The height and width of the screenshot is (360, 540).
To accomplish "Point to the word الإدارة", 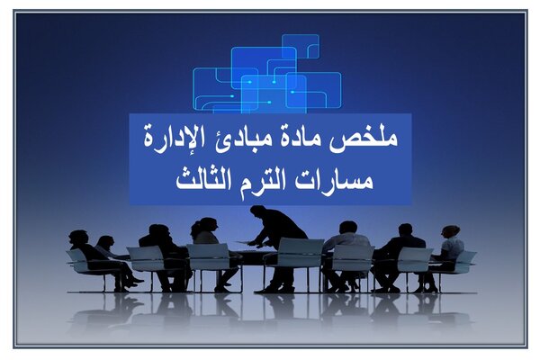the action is coord(175,136).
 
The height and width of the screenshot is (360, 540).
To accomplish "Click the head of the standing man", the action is coord(257,211).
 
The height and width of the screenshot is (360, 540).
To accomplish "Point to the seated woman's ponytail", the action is coord(195,229).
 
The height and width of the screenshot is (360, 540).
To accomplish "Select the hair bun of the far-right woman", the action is coord(454,228).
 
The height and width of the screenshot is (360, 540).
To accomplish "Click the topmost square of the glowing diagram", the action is coord(301,47).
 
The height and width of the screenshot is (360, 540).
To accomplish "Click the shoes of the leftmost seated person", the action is coord(133,282).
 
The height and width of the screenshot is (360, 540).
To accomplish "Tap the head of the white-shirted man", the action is coord(347,229).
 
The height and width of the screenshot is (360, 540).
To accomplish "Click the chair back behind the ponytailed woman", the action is coord(209,256).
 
